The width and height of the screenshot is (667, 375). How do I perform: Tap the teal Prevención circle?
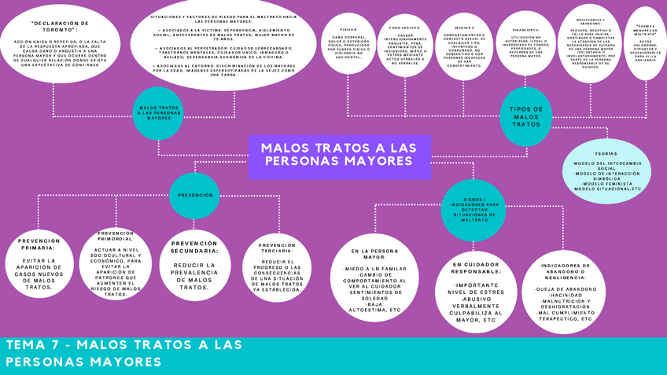195,194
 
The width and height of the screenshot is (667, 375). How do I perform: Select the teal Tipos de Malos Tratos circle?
526,117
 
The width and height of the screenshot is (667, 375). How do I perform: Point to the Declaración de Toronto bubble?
60,46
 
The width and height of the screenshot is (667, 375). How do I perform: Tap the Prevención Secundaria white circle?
194,263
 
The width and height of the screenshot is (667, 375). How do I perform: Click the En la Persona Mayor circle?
375,280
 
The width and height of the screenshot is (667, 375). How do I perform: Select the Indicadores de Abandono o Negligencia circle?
564,292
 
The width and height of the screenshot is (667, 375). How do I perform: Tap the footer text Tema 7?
123,353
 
